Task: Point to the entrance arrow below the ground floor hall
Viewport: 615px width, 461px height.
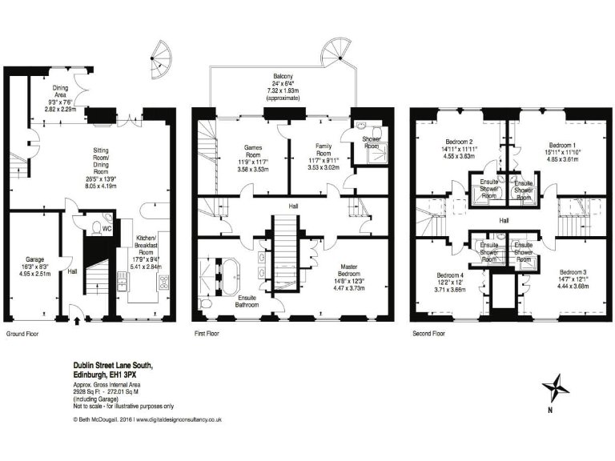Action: click(77, 323)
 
